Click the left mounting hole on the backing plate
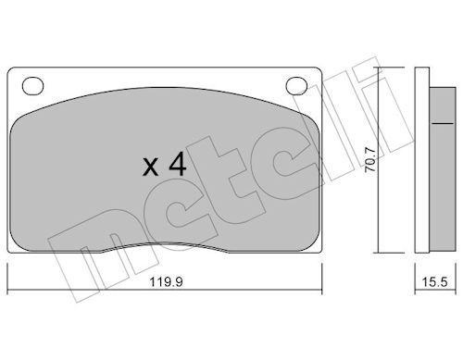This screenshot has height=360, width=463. [32, 85]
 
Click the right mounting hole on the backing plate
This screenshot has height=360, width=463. [296, 85]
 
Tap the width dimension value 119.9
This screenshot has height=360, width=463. [166, 282]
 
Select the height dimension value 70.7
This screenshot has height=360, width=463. [369, 159]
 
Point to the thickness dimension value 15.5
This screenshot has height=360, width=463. [434, 282]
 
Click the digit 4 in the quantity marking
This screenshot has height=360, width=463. [178, 165]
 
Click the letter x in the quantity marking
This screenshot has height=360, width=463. [150, 168]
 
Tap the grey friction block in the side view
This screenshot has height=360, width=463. [443, 168]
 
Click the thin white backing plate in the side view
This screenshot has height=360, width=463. [422, 160]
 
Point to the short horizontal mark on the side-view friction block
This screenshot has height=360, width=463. [443, 123]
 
